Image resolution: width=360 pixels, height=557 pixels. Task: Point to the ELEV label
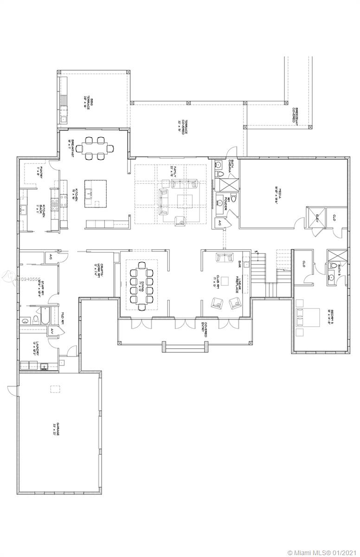click(320, 217)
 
